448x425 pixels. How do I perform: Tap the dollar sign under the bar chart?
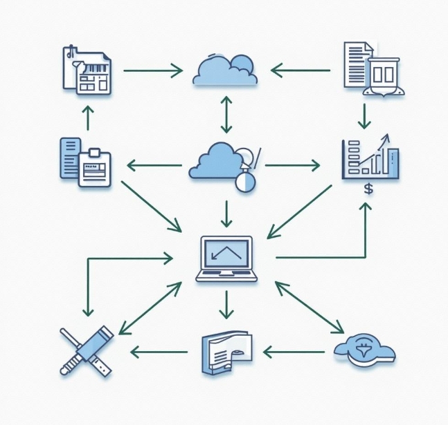(x=368, y=188)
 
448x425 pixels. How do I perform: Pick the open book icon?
(x=226, y=352)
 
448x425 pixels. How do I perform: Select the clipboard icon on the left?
(x=86, y=162)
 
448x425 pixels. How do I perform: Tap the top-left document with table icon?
(x=88, y=69)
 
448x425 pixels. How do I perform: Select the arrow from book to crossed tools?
(x=160, y=352)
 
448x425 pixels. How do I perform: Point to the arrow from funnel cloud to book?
(x=294, y=352)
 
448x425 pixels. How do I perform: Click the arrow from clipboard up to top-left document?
(x=87, y=117)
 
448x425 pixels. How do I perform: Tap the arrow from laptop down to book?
(x=226, y=304)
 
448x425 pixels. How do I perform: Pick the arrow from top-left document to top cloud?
(x=152, y=70)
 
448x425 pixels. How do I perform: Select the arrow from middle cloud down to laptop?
(x=226, y=213)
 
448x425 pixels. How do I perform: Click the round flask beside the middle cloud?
(x=245, y=181)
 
